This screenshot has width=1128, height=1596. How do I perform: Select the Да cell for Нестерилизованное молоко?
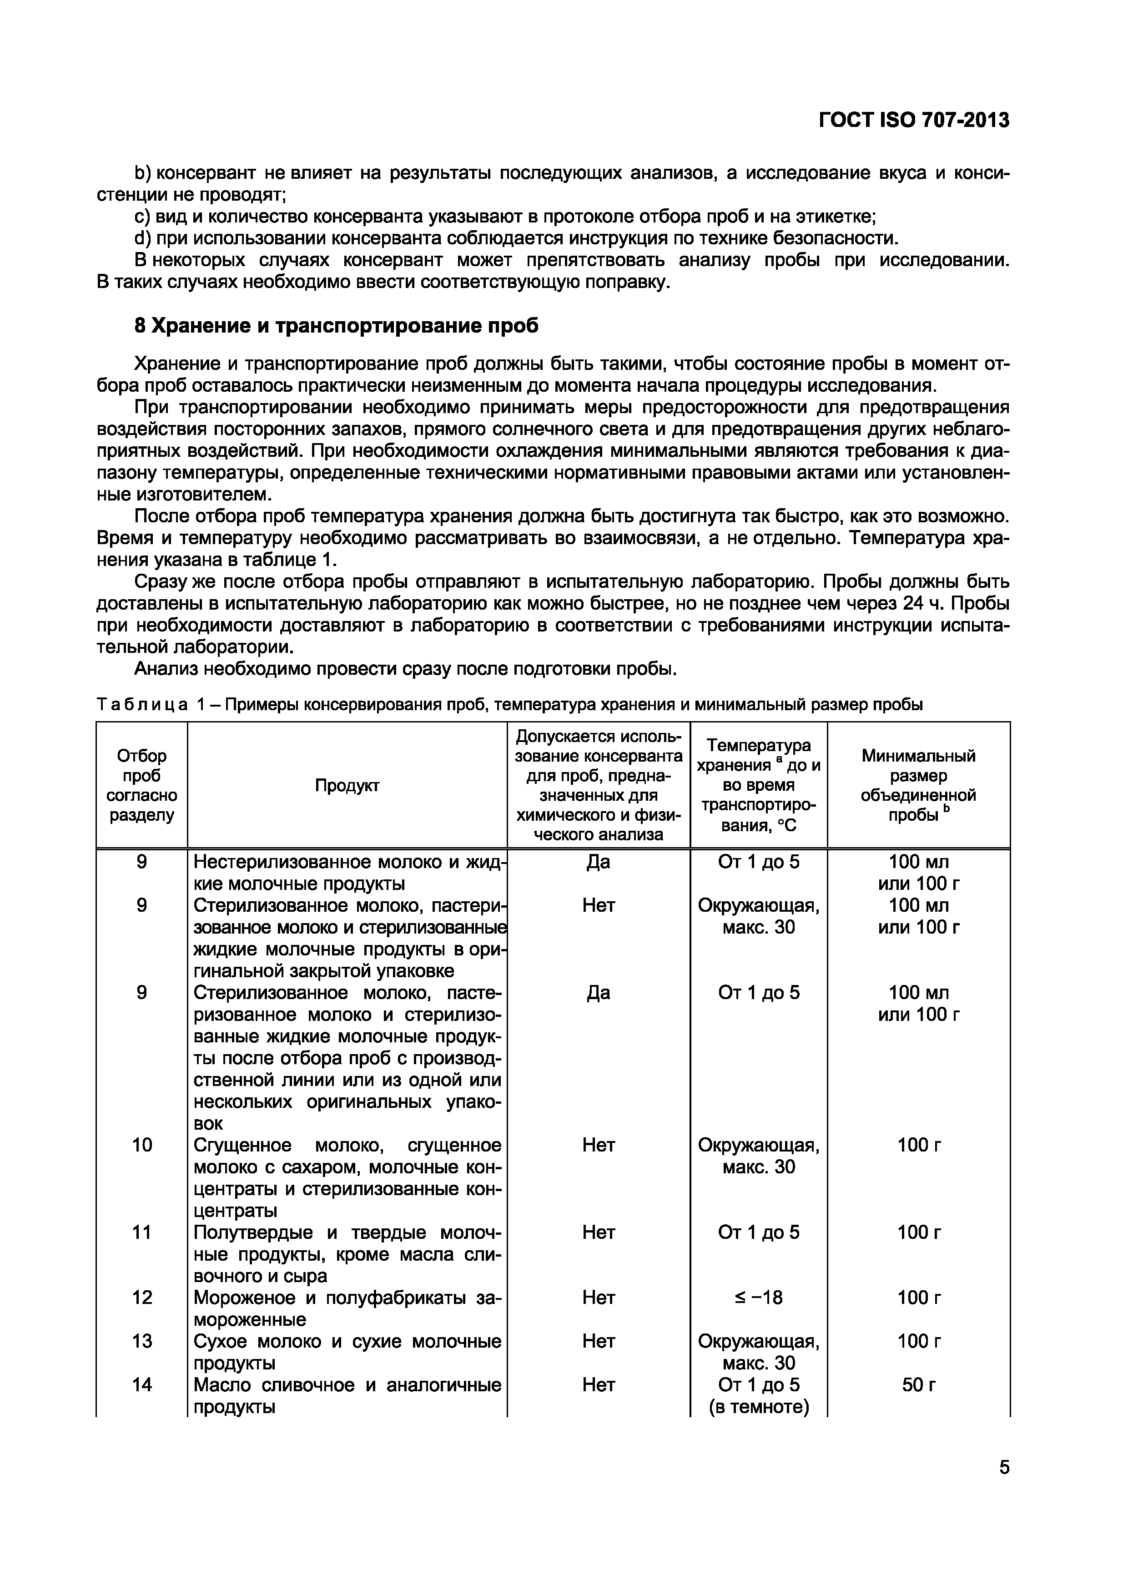coord(599,862)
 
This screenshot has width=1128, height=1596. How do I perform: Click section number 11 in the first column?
coord(142,1232)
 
